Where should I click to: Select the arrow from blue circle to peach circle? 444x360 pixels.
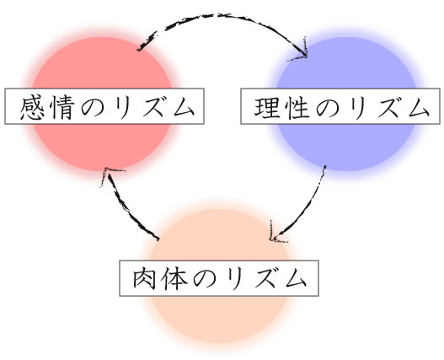coord(306,208)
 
